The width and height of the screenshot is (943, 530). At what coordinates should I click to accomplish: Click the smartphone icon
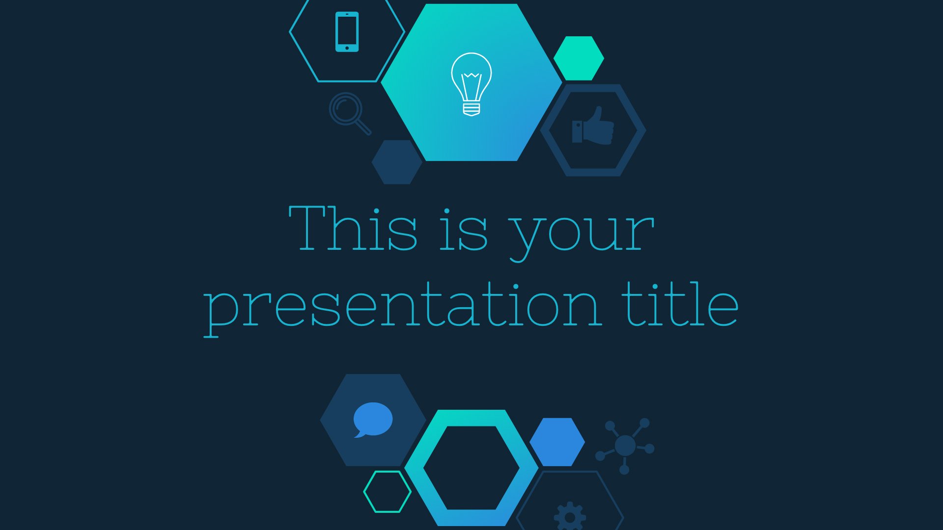click(347, 31)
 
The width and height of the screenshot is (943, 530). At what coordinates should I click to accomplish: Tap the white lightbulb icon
click(471, 84)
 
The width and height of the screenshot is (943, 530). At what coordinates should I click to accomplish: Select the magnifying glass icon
click(349, 113)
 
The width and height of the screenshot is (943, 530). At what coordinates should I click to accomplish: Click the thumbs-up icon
click(593, 126)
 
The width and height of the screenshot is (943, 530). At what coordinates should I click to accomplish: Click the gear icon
click(570, 516)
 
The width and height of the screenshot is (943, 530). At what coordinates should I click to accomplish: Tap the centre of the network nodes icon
click(625, 446)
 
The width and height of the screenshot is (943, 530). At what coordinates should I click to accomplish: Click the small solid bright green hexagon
click(579, 58)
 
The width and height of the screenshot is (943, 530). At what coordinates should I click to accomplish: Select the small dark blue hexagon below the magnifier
click(397, 162)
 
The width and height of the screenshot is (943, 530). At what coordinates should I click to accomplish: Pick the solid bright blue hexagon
click(557, 442)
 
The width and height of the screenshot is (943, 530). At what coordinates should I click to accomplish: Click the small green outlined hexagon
click(387, 492)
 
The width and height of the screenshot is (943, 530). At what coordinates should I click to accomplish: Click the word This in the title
click(353, 228)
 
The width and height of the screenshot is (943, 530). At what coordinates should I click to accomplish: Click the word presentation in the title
click(402, 307)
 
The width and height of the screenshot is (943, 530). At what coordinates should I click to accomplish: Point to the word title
click(680, 304)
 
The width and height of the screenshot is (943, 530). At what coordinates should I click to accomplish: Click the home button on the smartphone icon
click(347, 48)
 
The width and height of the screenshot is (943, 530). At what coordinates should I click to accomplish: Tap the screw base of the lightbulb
click(471, 108)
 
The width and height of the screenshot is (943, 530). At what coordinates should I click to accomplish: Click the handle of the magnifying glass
click(363, 127)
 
